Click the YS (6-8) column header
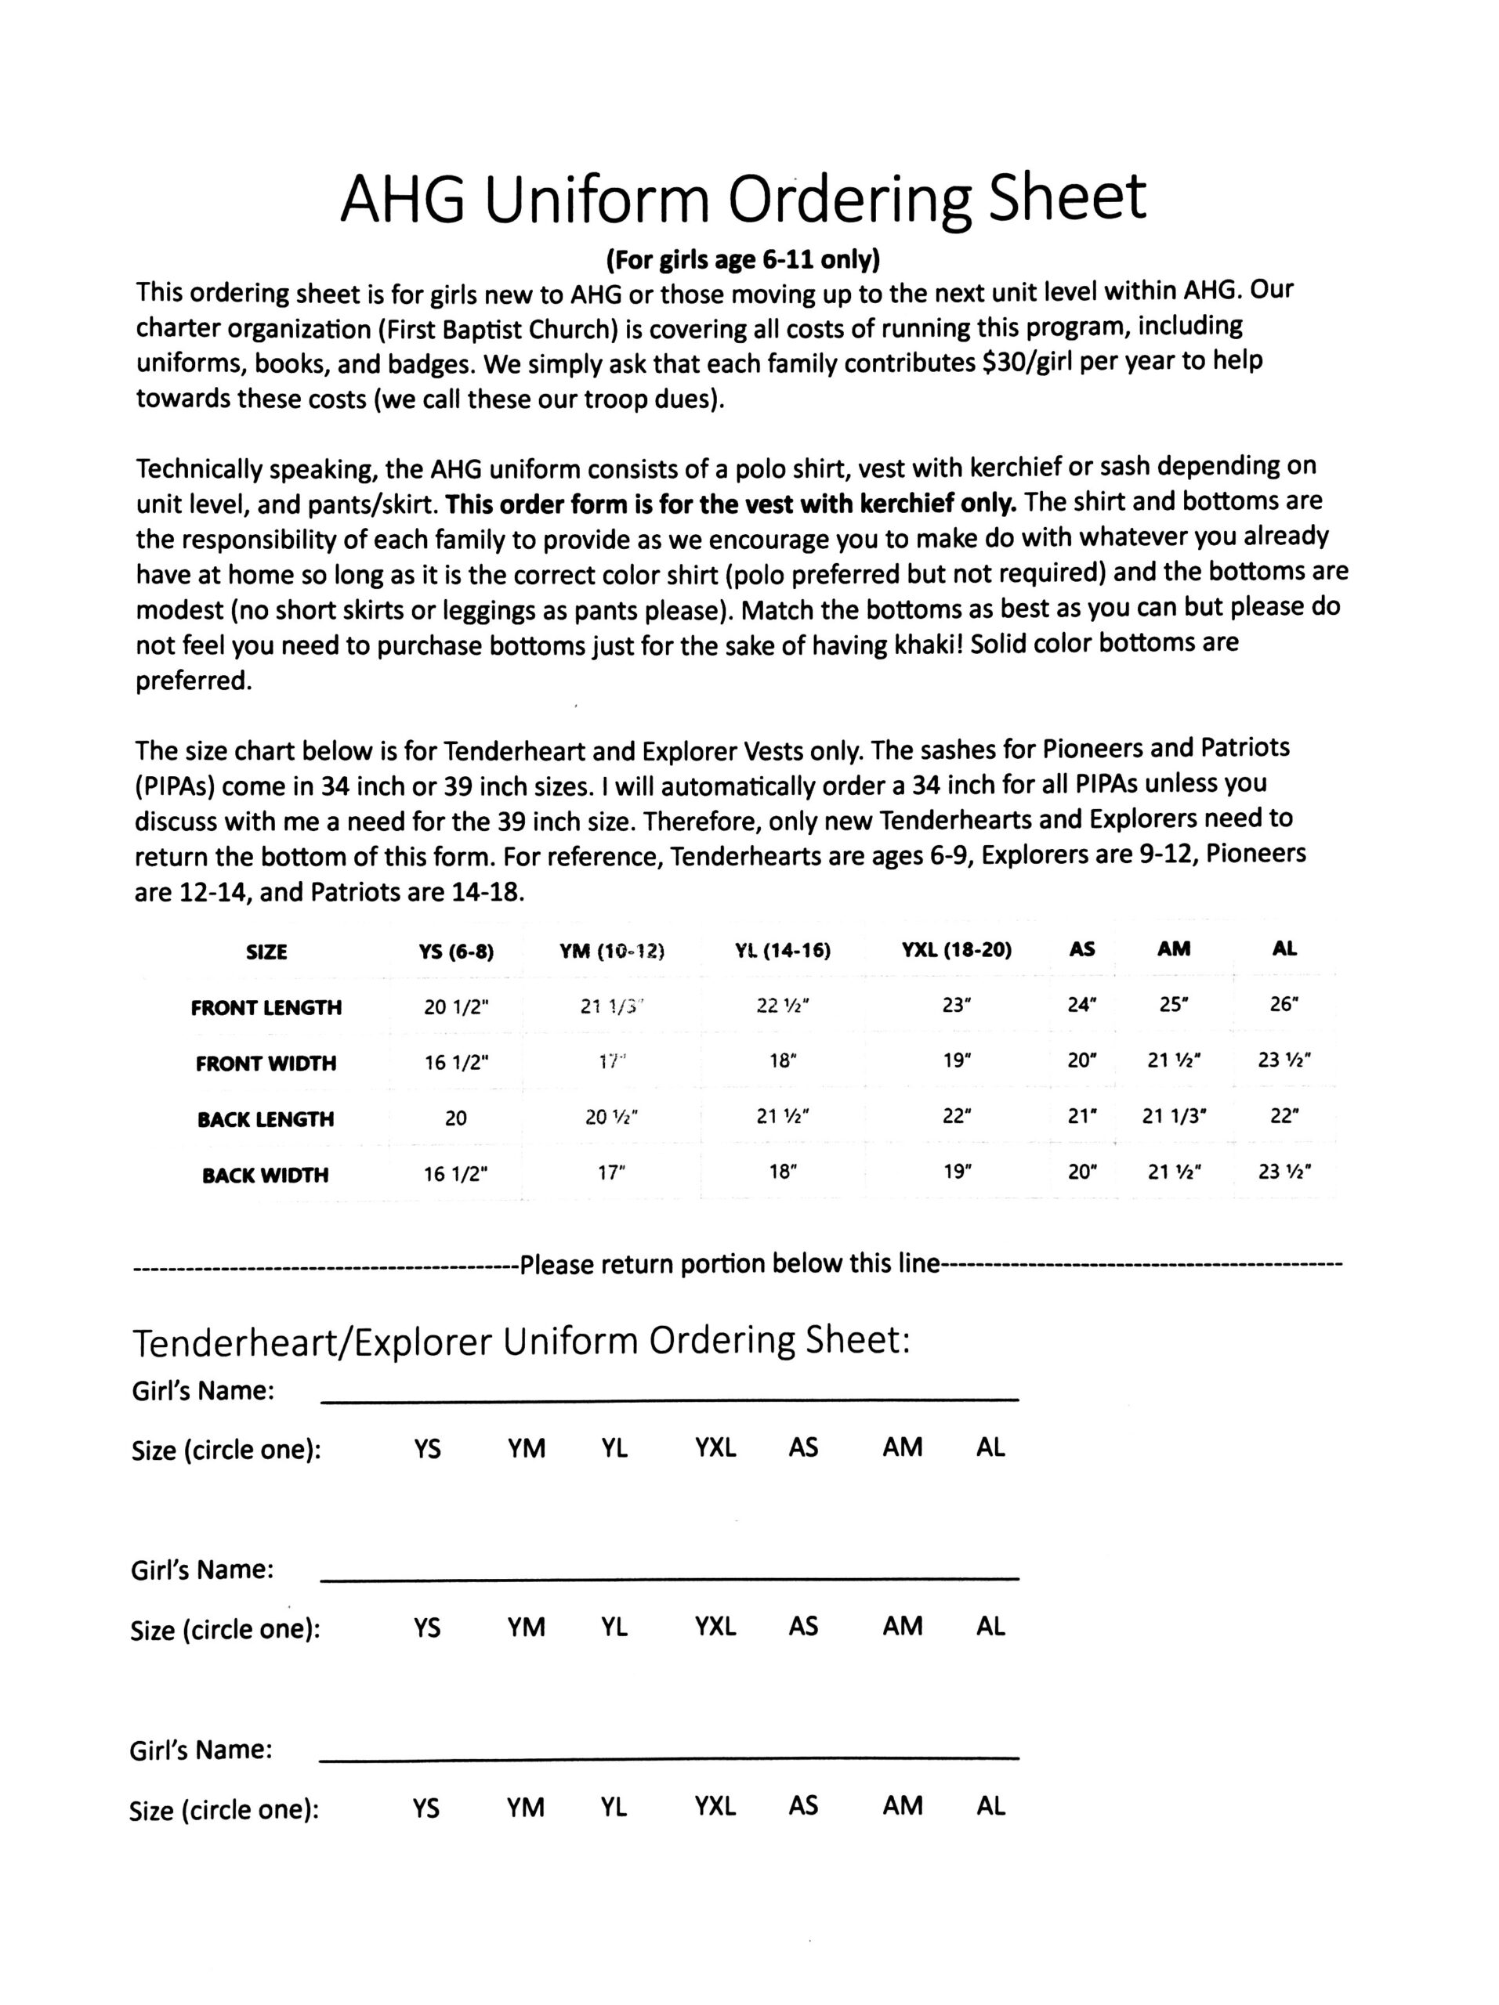coord(455,951)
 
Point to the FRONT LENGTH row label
coord(266,1007)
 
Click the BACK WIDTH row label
coord(266,1175)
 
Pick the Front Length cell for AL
coord(1284,1004)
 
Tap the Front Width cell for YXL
coord(957,1060)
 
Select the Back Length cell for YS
coord(455,1118)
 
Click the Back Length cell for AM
coord(1174,1116)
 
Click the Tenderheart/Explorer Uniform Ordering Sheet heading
coord(520,1341)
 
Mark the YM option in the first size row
coord(526,1447)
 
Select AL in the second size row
coord(990,1626)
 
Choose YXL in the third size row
coord(715,1805)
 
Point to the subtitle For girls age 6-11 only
coord(742,260)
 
